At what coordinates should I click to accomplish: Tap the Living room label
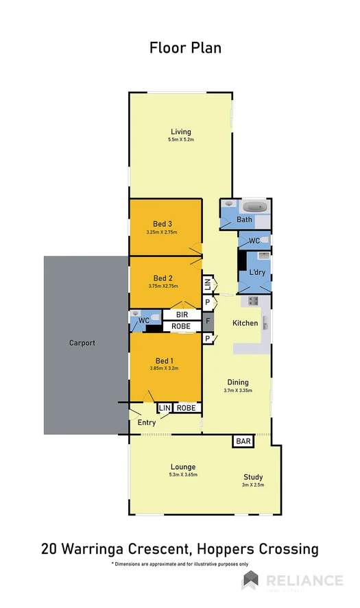[x=181, y=132]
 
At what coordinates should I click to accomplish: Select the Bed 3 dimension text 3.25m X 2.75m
[x=162, y=232]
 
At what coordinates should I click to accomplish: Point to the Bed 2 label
[x=162, y=278]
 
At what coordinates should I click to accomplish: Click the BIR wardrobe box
[x=182, y=315]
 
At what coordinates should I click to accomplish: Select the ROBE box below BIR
[x=182, y=326]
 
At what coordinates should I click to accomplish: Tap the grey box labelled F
[x=208, y=321]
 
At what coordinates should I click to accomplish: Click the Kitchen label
[x=245, y=323]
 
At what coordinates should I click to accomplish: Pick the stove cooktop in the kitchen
[x=252, y=300]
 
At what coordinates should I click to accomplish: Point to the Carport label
[x=82, y=343]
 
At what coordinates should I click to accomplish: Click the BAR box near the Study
[x=243, y=442]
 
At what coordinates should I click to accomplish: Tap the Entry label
[x=147, y=423]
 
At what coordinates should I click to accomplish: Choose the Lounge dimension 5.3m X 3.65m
[x=183, y=475]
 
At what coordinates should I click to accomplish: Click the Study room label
[x=252, y=477]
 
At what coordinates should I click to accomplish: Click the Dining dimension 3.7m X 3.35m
[x=238, y=391]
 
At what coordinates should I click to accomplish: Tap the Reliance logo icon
[x=250, y=581]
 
